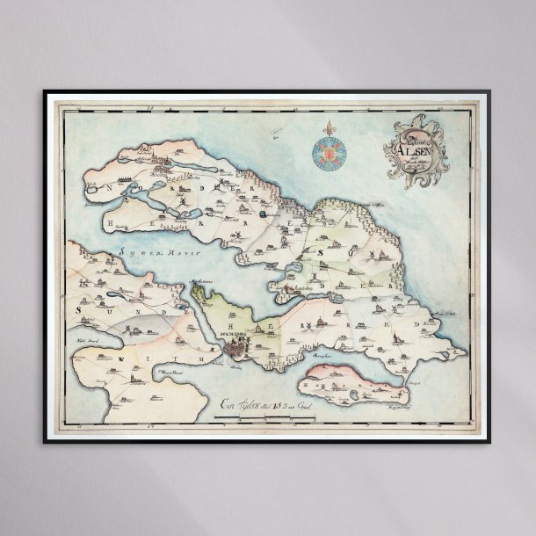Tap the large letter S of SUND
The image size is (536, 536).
[x=78, y=310]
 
